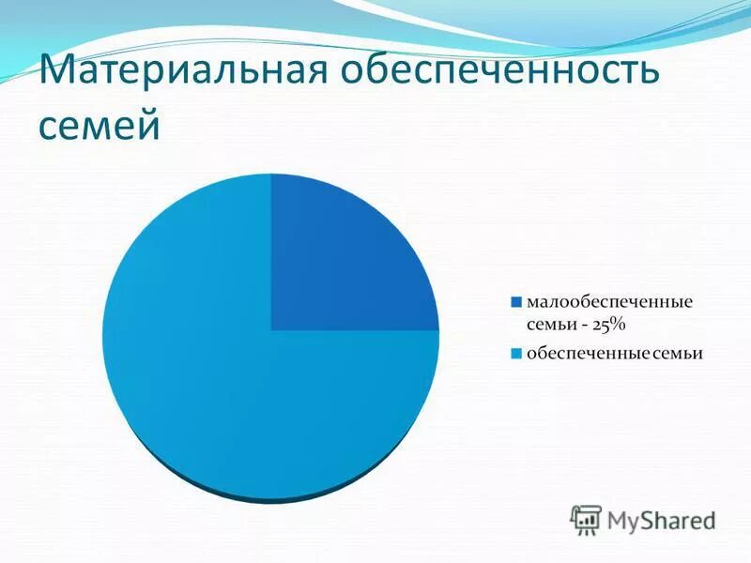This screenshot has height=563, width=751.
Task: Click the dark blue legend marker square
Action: click(x=515, y=303)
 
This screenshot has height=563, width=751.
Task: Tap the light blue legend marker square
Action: click(x=515, y=354)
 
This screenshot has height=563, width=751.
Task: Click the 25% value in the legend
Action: click(x=607, y=325)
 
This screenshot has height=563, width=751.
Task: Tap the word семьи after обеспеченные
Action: click(x=677, y=354)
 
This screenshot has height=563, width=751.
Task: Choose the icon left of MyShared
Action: click(x=586, y=519)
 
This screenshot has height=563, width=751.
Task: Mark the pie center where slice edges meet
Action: click(x=271, y=330)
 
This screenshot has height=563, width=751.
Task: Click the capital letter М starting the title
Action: click(x=58, y=73)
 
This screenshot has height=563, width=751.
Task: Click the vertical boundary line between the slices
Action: click(x=271, y=253)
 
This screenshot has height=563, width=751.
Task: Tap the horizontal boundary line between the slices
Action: click(x=357, y=330)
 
